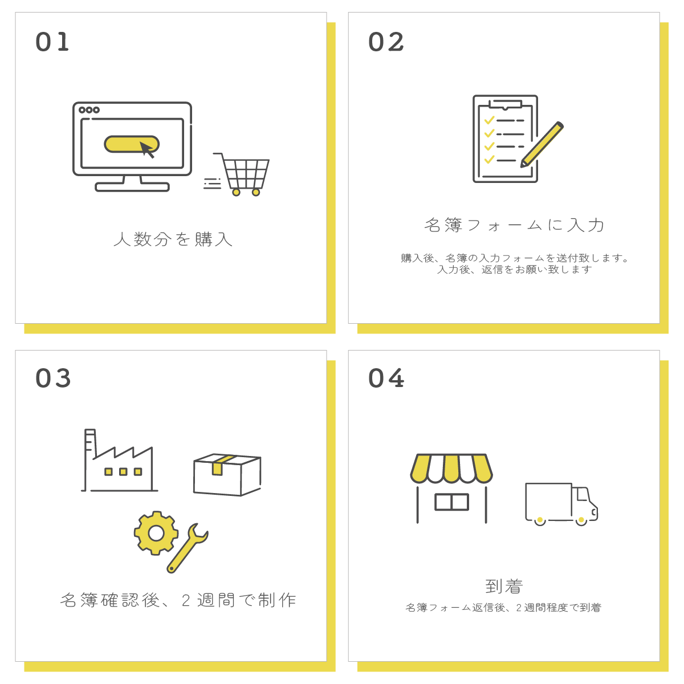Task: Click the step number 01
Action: pos(52,42)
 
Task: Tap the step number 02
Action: pos(386,42)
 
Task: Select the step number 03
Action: pos(53,378)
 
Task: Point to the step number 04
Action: pos(386,378)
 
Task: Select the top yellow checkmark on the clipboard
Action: pos(488,120)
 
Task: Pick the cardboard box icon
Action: pos(227,474)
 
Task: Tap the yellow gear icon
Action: pos(156,533)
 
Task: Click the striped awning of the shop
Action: pos(451,468)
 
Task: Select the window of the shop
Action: pos(451,502)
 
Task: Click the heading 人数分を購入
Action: pos(173,239)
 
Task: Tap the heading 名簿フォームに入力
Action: pos(514,225)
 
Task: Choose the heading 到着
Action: pos(504,586)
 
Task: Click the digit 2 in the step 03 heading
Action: pos(186,600)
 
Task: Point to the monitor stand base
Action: pos(132,186)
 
